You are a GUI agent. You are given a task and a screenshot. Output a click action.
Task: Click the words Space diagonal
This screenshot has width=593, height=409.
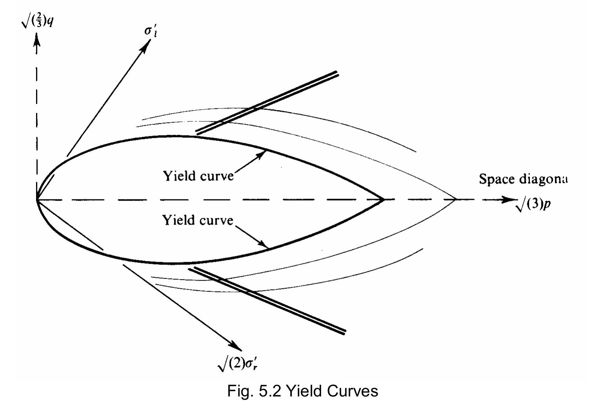pos(523,179)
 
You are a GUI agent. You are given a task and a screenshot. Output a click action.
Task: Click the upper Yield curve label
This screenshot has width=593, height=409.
pos(198,176)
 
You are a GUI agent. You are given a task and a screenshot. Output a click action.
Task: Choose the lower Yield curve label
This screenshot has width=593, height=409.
pos(198,220)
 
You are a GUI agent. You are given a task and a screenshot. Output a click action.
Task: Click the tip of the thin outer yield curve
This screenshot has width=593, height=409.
pos(456,199)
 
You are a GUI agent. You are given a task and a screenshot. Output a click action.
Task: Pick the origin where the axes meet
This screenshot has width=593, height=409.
pos(36,199)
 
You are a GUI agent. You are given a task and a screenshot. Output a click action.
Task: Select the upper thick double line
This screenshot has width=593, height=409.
pos(267,103)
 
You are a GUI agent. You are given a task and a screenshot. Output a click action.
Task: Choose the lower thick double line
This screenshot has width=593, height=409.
pos(267,301)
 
